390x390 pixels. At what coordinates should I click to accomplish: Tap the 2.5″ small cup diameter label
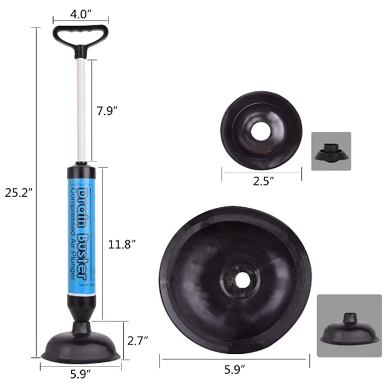[x=262, y=181]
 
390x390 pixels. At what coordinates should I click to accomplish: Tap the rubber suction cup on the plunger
[x=80, y=345]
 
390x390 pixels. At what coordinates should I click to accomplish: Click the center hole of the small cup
[x=261, y=129]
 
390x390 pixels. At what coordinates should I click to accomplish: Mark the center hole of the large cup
[x=241, y=280]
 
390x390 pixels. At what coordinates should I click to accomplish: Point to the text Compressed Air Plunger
[x=73, y=234]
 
